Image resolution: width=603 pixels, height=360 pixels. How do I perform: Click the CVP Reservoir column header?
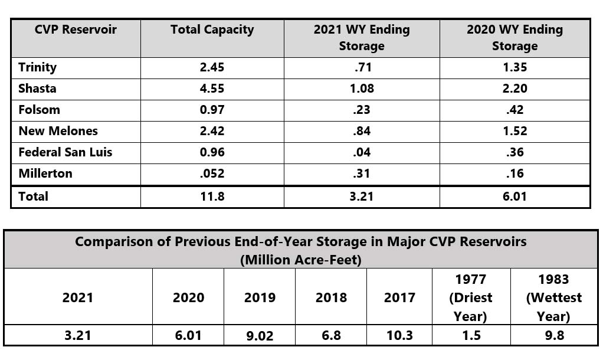[x=67, y=30]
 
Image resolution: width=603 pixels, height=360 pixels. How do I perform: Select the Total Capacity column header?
[x=212, y=30]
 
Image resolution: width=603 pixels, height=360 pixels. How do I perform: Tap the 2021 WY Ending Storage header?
[x=361, y=37]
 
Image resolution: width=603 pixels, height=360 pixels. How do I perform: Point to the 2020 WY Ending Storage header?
[x=514, y=37]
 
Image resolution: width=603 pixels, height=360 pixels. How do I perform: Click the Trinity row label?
[x=38, y=67]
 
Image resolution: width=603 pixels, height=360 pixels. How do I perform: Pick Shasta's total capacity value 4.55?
[x=212, y=89]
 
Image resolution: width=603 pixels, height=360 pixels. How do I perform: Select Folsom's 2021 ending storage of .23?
[x=361, y=110]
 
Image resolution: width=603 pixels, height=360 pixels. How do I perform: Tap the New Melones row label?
[x=58, y=131]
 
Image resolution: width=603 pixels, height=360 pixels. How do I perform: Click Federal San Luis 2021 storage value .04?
[x=361, y=152]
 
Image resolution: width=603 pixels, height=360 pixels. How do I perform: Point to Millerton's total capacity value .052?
[x=212, y=174]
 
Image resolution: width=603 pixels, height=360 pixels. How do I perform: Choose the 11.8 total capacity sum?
[x=212, y=197]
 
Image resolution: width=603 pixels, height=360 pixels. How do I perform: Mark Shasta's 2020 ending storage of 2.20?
[x=514, y=89]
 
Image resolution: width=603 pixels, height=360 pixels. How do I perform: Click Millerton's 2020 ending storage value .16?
[x=514, y=174]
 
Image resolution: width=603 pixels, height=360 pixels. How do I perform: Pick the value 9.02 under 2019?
[x=260, y=335]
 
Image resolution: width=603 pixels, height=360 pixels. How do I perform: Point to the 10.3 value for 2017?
[x=399, y=335]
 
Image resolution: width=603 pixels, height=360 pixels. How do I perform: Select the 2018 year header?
[x=331, y=297]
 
